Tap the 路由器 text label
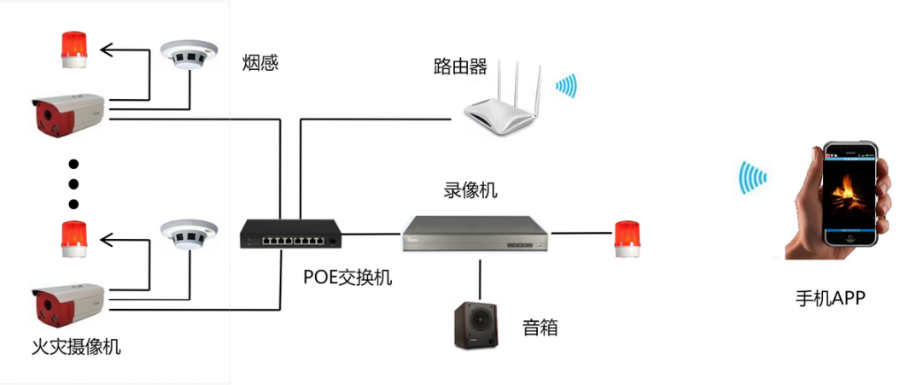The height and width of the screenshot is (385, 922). click(x=459, y=66)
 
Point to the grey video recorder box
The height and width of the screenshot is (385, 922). click(x=475, y=233)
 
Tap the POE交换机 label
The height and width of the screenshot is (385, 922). click(x=348, y=277)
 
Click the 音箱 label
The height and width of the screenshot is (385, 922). click(x=540, y=327)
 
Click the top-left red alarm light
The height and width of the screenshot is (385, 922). click(x=73, y=50)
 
